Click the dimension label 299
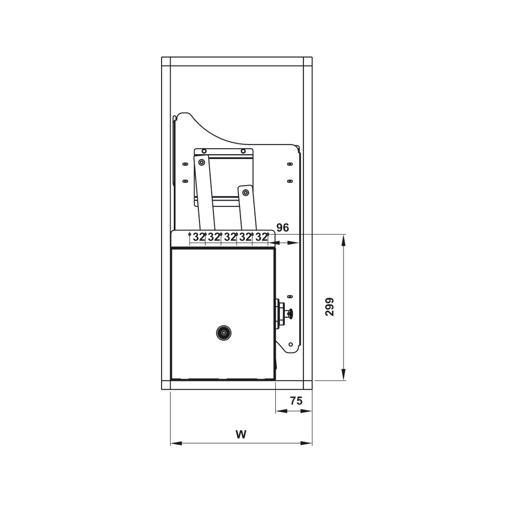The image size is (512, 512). tap(330, 307)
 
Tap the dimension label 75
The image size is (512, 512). tap(296, 401)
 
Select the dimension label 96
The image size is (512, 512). tap(283, 227)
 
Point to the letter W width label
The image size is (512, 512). tap(241, 434)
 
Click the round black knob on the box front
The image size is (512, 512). tap(223, 333)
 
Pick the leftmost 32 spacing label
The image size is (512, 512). tap(198, 237)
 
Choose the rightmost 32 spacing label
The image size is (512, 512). tap(261, 237)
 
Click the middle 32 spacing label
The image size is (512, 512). tap(230, 237)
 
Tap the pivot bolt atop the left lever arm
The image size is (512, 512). tap(202, 162)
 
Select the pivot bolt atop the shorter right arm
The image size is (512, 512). tap(245, 193)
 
